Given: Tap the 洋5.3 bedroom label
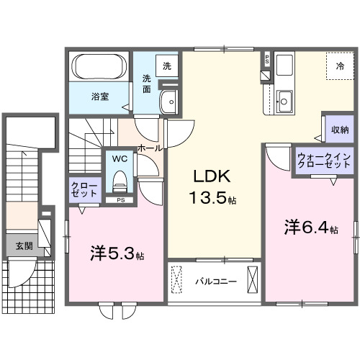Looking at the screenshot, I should pyautogui.click(x=117, y=253).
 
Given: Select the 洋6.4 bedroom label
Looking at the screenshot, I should pyautogui.click(x=309, y=228).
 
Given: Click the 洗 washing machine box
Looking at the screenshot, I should pyautogui.click(x=167, y=66).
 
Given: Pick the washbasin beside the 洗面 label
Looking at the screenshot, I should pyautogui.click(x=171, y=102).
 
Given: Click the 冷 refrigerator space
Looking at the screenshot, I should pyautogui.click(x=338, y=66).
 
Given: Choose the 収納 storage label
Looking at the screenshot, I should pyautogui.click(x=340, y=130).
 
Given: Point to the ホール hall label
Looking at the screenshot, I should pyautogui.click(x=149, y=148).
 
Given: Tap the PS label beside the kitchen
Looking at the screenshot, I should pyautogui.click(x=266, y=59).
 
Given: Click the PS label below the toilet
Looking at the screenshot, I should pyautogui.click(x=120, y=200).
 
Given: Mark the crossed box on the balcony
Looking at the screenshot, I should pyautogui.click(x=252, y=279).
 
